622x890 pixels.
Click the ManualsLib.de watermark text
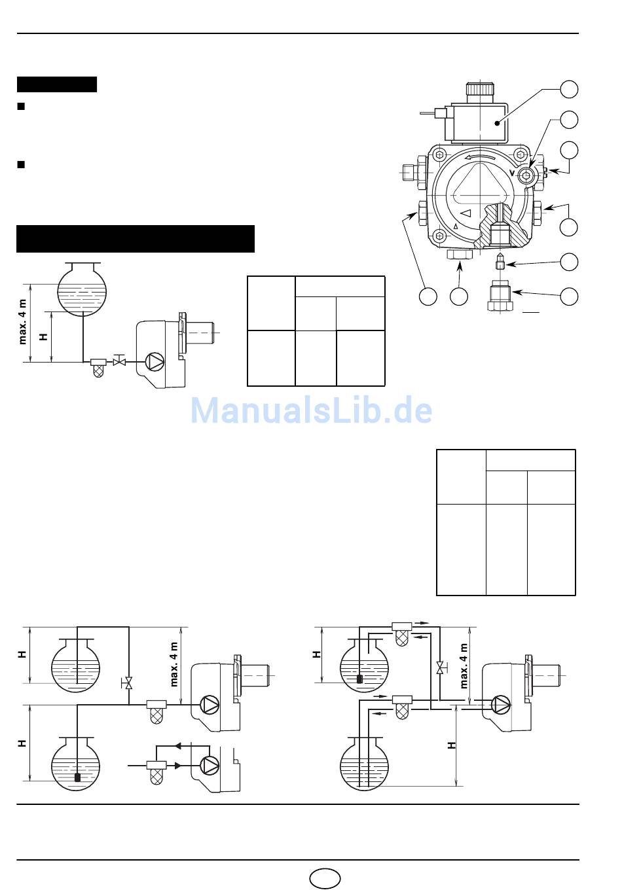(x=311, y=410)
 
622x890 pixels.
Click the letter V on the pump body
(x=512, y=173)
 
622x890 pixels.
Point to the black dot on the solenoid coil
(x=497, y=123)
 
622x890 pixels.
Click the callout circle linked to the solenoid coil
(x=569, y=89)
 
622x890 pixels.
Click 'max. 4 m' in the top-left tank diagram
(x=22, y=322)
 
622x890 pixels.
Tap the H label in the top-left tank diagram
(x=43, y=336)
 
